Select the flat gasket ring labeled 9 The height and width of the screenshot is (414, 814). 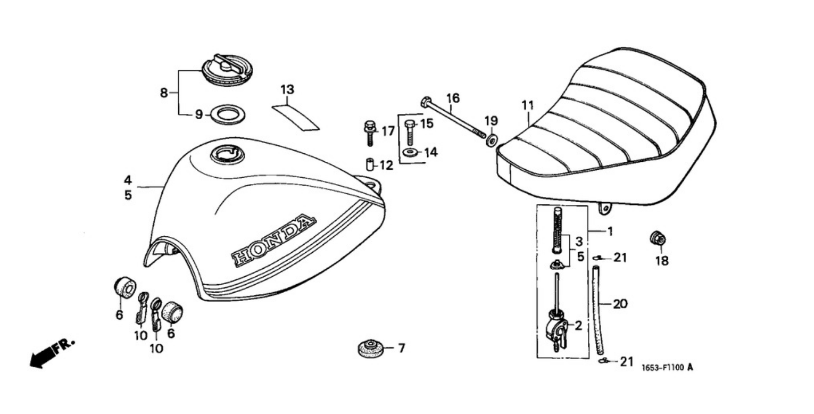point(228,114)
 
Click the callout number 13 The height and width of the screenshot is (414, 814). point(287,89)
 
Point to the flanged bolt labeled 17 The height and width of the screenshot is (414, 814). point(369,132)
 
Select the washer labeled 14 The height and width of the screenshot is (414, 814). point(410,152)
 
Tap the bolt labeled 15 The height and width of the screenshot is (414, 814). point(410,131)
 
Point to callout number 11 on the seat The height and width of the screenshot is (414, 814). point(527,105)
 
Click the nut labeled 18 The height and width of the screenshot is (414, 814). point(658,238)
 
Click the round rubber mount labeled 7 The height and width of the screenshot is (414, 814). point(371,348)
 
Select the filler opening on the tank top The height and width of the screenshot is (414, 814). point(228,155)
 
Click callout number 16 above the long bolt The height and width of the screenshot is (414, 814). point(453,98)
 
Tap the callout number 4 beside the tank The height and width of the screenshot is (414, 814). point(128,180)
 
